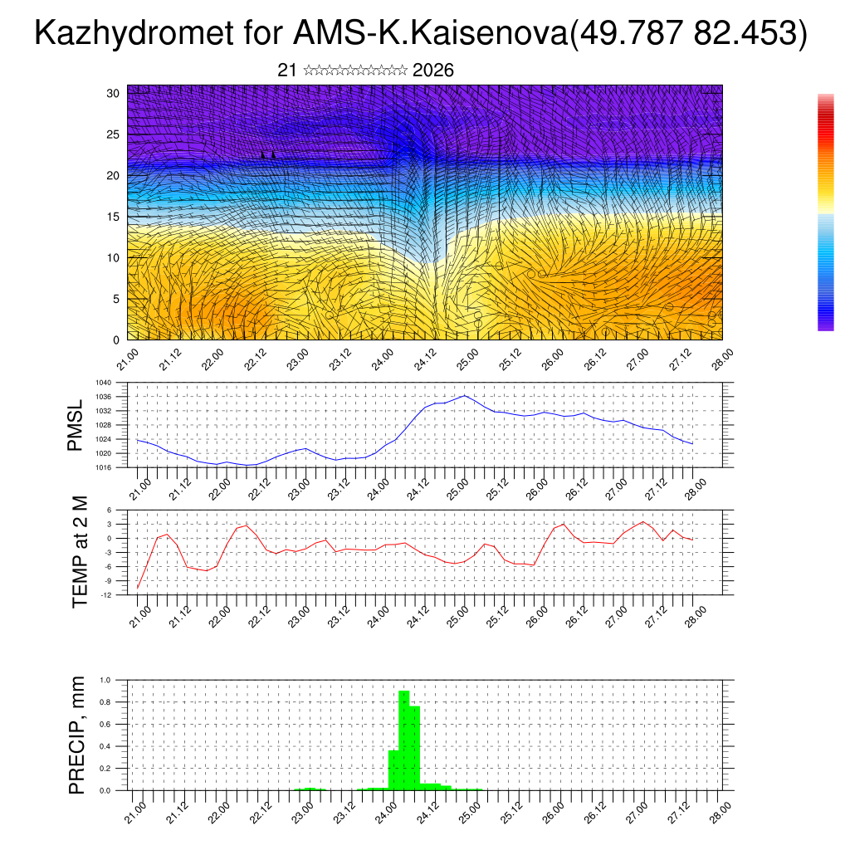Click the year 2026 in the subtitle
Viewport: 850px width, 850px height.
(432, 71)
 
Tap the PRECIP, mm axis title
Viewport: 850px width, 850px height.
(77, 735)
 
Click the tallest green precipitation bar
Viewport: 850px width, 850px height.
(404, 739)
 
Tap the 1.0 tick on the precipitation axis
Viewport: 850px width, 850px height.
(105, 680)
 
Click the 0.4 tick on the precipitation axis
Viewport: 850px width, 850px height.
(105, 746)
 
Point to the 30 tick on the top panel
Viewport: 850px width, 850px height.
(114, 93)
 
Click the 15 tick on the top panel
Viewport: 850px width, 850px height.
(114, 217)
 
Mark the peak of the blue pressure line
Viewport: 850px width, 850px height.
(465, 395)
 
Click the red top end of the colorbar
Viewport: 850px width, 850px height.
(825, 104)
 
